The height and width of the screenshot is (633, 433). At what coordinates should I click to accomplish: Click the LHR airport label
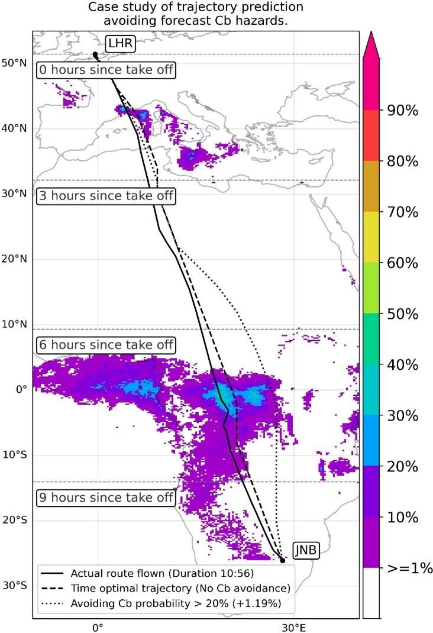point(120,43)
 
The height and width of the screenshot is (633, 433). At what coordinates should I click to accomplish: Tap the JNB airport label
point(306,551)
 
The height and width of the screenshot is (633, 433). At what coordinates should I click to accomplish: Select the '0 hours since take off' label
point(106,70)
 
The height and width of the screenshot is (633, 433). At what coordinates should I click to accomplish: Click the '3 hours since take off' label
point(106,196)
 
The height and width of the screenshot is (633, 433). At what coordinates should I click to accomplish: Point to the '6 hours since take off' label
point(106,344)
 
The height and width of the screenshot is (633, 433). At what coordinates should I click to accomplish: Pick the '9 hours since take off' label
point(106,498)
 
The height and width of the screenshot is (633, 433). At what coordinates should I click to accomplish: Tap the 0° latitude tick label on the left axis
point(22,390)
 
